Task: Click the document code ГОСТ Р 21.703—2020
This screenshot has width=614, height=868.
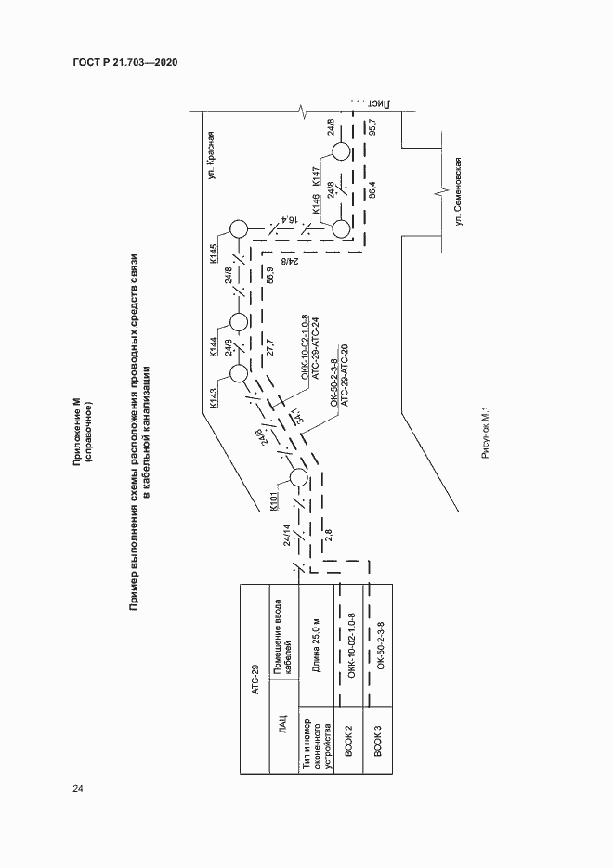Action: pyautogui.click(x=124, y=62)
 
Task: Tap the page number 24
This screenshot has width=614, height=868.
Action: pyautogui.click(x=78, y=789)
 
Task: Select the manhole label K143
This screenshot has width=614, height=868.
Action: pyautogui.click(x=214, y=395)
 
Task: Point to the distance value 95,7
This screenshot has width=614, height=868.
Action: pyautogui.click(x=372, y=128)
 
